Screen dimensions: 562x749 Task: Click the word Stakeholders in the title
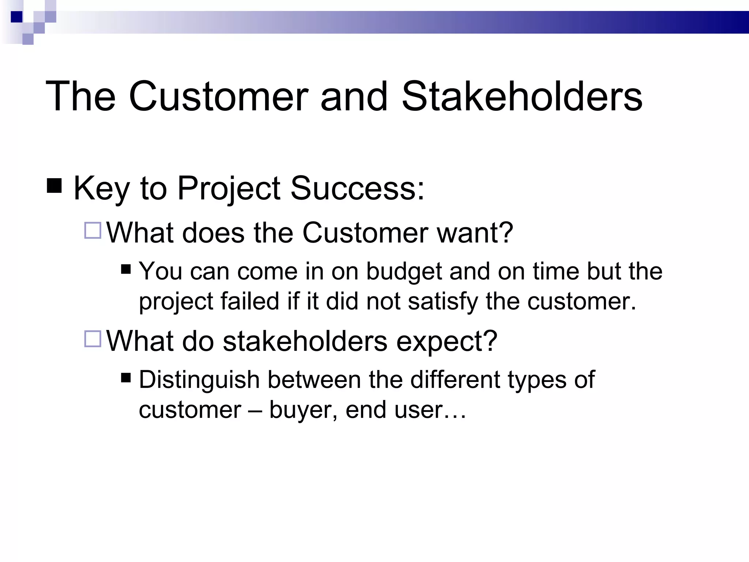(522, 96)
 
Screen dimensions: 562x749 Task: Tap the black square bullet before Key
(54, 185)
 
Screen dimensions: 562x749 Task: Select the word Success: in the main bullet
(357, 188)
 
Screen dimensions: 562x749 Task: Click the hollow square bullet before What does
(93, 231)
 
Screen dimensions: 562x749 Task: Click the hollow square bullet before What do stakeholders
(93, 339)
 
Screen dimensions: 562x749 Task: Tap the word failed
(250, 301)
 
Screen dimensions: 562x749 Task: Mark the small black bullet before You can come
(126, 269)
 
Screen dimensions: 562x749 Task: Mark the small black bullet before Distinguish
(126, 377)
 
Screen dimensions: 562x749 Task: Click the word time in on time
(556, 271)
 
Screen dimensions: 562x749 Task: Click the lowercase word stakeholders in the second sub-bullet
(305, 341)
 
